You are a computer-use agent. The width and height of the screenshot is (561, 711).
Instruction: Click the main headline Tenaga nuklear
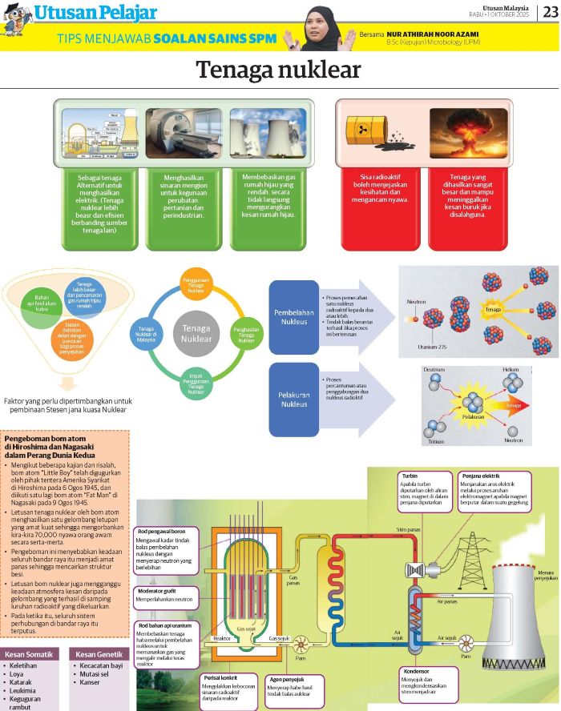tap(279, 70)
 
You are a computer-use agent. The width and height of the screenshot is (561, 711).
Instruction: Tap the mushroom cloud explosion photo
tap(468, 132)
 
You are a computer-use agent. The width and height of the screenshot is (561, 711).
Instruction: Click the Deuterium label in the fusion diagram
tap(434, 370)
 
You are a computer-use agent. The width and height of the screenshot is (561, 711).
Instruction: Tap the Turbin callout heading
tap(410, 476)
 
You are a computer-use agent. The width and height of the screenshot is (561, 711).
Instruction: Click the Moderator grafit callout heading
tap(163, 591)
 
